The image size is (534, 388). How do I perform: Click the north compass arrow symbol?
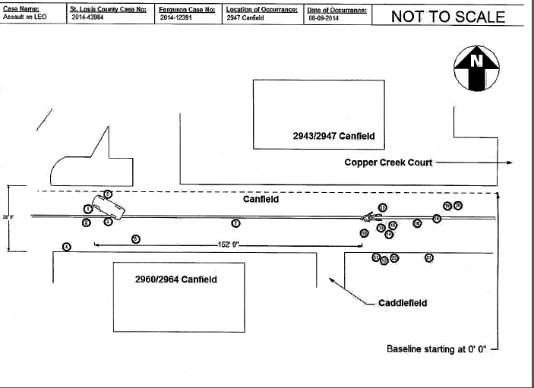(476, 68)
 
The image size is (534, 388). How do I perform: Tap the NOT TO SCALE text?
(447, 16)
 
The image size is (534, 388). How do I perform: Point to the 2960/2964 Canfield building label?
(175, 279)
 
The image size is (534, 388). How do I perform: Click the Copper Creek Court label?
(388, 162)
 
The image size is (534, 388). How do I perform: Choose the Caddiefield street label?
(403, 303)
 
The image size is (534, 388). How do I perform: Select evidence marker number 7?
(235, 223)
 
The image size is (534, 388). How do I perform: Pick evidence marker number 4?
(67, 247)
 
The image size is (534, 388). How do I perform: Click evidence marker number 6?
(135, 238)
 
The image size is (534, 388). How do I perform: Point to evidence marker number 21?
(429, 258)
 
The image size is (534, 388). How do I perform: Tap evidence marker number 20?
(458, 205)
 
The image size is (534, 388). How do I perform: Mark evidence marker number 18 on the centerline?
(437, 219)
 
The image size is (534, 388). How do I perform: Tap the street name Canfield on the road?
(261, 200)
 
